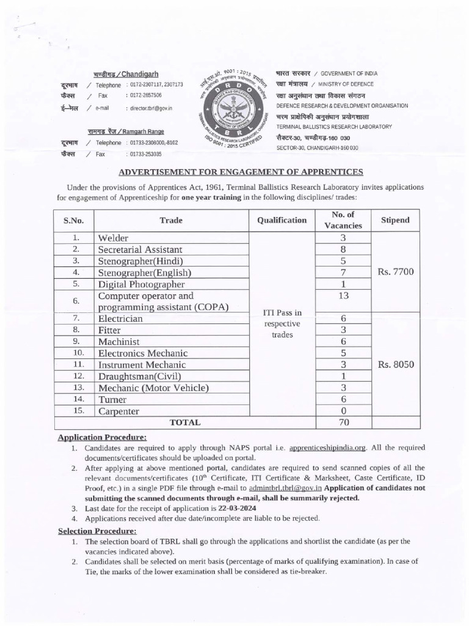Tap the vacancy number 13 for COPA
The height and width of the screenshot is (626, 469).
tap(343, 296)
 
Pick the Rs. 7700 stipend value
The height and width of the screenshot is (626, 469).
tap(395, 272)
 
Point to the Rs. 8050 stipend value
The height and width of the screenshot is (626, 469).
tap(395, 365)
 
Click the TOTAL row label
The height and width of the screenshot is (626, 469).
tap(184, 422)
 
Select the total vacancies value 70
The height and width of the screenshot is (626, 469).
tap(343, 422)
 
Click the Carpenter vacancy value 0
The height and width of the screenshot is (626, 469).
tap(343, 411)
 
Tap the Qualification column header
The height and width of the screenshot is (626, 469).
tap(282, 220)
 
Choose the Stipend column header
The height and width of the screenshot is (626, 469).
tap(395, 220)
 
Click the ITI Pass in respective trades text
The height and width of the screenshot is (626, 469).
tap(282, 324)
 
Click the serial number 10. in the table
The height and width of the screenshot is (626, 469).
tap(76, 353)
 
